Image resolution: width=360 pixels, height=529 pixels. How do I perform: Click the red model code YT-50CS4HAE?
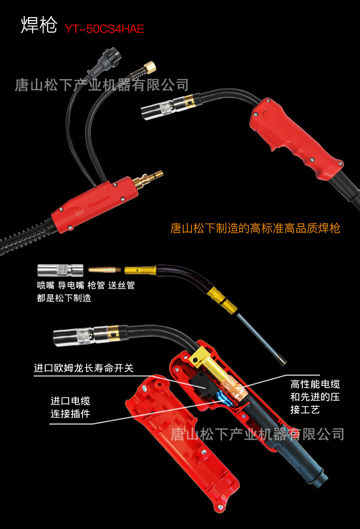(x=104, y=29)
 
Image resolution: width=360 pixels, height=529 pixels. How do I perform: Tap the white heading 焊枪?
(x=39, y=25)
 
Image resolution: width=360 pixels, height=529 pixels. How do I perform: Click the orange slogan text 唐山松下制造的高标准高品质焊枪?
(x=255, y=228)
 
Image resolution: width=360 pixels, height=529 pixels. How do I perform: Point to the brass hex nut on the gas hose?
(x=149, y=67)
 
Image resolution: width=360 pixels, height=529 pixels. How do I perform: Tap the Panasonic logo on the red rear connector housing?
(x=99, y=202)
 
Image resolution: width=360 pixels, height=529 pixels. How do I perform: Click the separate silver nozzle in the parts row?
(x=60, y=270)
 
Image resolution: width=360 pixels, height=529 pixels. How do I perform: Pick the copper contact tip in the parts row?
(x=104, y=270)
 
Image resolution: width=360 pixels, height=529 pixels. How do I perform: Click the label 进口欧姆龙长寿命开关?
(x=83, y=368)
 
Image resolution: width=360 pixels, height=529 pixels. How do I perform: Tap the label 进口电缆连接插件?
(x=70, y=407)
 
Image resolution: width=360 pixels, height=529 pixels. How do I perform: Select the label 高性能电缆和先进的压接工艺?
(x=315, y=397)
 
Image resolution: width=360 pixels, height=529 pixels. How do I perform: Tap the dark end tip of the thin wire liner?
(x=282, y=362)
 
